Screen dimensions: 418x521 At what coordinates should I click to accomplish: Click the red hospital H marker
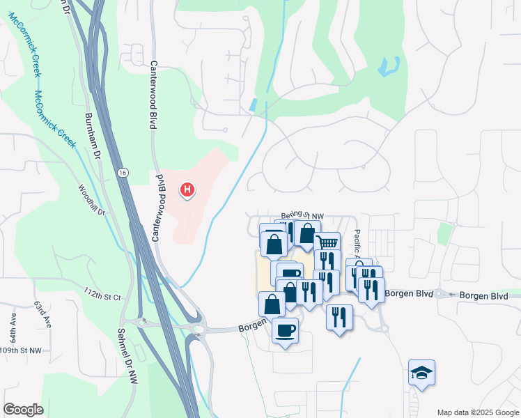(187, 189)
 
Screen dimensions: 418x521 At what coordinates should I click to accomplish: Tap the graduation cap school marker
(421, 373)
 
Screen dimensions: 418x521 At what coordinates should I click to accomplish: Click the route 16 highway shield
(123, 172)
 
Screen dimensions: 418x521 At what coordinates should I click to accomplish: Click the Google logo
(23, 410)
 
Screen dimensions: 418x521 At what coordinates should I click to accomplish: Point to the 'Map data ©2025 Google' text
(477, 412)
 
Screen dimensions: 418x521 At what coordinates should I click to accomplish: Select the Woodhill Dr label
(91, 200)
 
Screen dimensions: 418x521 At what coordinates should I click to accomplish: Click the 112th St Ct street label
(102, 293)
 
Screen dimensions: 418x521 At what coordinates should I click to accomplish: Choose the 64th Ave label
(13, 321)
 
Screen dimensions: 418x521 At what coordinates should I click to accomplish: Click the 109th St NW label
(20, 350)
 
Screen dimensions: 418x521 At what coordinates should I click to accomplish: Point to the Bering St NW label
(303, 217)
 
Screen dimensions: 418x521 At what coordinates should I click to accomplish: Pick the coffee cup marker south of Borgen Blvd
(285, 330)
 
